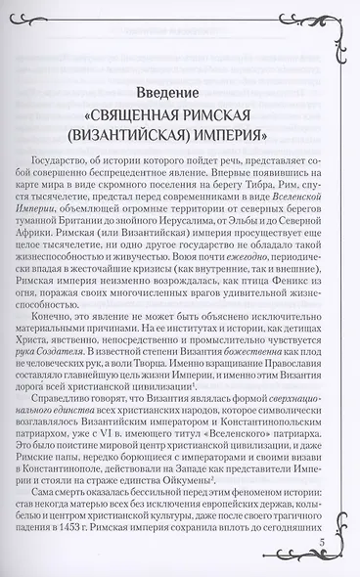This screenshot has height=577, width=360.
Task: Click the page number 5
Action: [322, 545]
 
